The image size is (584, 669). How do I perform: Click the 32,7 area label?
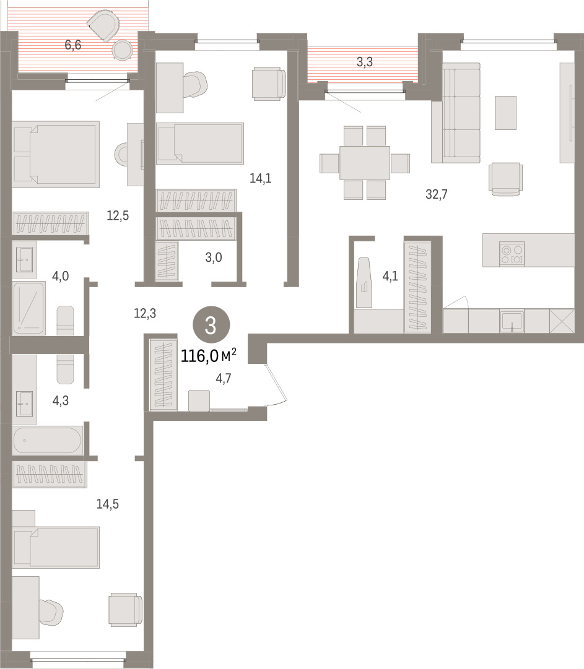436,194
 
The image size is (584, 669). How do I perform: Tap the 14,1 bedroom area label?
260,178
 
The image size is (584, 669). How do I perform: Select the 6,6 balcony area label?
73,45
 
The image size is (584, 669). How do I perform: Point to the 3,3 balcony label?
365,63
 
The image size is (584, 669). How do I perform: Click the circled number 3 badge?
211,326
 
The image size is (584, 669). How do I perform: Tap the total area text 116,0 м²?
209,355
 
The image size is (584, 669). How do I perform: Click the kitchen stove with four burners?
512,254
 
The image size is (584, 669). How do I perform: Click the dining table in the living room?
365,163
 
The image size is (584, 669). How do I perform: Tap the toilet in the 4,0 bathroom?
65,321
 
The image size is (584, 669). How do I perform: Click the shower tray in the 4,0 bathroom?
28,308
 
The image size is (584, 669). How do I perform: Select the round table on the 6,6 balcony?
123,50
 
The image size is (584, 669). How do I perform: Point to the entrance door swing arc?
278,386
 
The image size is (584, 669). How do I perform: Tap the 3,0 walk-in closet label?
214,257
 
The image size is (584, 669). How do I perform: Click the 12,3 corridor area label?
145,314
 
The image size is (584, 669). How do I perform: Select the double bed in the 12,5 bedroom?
56,155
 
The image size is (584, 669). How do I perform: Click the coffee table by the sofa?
506,113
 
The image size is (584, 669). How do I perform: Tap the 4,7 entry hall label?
224,379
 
